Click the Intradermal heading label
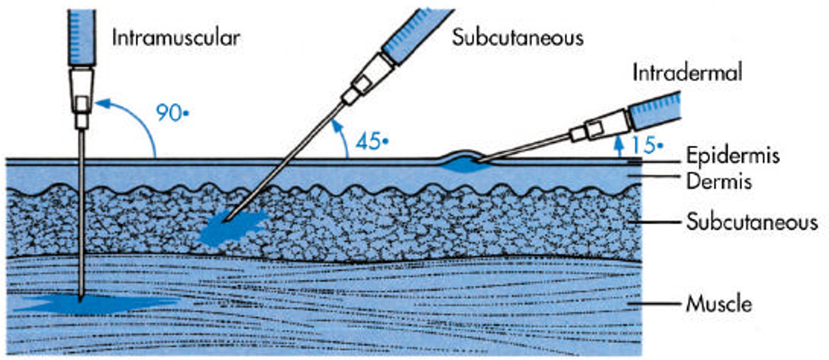686,73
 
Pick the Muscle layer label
719,303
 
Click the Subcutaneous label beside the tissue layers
752,222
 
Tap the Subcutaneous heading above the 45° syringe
518,37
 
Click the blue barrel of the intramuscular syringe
82,34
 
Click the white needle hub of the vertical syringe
82,92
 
